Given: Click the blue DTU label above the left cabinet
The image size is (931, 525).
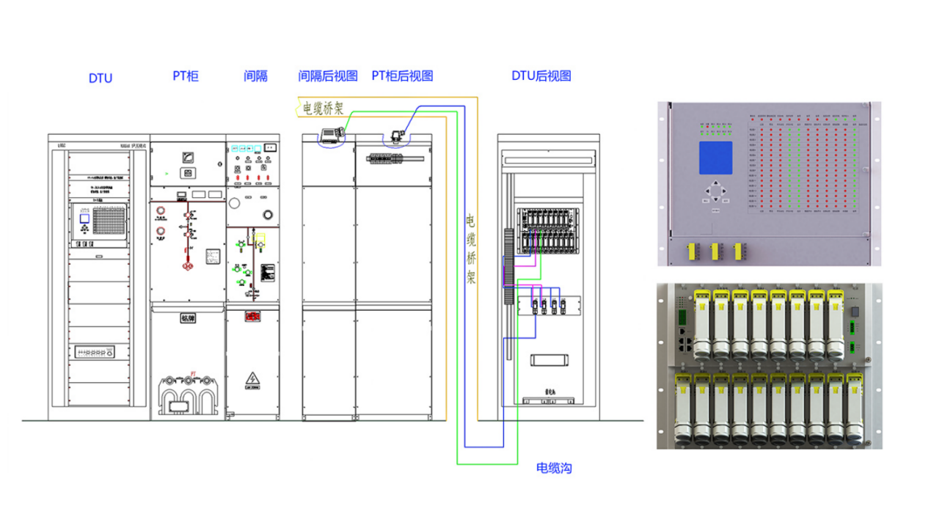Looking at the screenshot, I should click(101, 78).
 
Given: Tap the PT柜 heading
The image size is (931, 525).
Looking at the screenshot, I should click(186, 76).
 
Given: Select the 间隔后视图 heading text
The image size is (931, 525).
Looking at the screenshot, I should click(328, 76).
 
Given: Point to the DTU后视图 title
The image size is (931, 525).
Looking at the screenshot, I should click(541, 76).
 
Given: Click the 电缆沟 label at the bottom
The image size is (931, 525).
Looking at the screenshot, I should click(554, 468).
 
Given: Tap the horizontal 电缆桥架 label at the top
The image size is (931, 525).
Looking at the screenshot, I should click(324, 109).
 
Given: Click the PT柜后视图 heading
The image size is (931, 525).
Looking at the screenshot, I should click(402, 76).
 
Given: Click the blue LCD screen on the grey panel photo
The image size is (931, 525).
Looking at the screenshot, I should click(715, 158).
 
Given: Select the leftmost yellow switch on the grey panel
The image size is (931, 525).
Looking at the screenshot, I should click(691, 252).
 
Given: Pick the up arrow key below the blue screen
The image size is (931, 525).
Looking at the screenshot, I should click(715, 184).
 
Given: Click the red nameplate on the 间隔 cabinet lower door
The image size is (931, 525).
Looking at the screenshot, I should click(252, 317).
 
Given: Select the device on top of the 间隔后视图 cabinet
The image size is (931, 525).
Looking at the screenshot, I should click(329, 134).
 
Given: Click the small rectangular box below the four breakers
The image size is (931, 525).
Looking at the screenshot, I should click(550, 359).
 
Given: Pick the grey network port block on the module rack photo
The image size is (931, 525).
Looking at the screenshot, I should click(683, 340).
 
